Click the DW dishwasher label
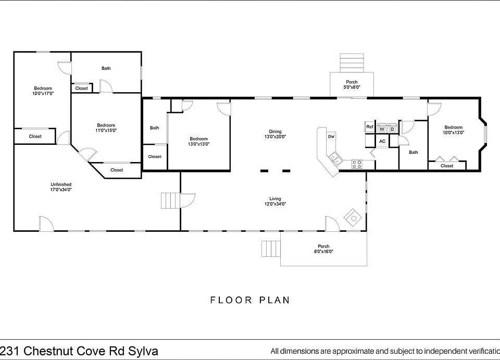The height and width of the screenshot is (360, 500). [331, 136]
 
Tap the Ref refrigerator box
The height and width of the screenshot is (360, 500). [370, 127]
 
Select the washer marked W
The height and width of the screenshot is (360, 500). [382, 129]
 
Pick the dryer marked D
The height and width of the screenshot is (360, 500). [392, 129]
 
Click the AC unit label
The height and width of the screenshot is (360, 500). [382, 141]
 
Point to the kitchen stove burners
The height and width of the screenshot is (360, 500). [356, 164]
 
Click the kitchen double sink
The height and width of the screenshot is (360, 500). [334, 158]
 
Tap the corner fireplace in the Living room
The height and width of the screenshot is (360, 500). [353, 217]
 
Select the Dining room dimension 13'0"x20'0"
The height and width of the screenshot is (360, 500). [275, 136]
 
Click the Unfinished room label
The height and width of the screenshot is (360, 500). [61, 184]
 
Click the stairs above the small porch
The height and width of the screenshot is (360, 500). [352, 63]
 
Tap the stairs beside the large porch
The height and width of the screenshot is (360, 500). [271, 249]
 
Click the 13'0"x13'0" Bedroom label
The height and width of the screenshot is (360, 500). [198, 141]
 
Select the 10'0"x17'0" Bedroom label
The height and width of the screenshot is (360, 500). [43, 91]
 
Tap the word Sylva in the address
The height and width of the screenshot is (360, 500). [143, 351]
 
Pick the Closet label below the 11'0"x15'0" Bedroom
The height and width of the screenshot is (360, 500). [117, 170]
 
